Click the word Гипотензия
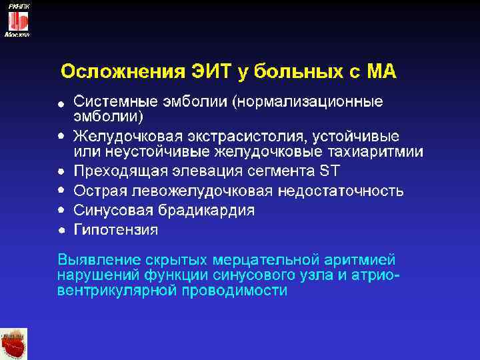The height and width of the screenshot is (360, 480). tap(116, 231)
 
